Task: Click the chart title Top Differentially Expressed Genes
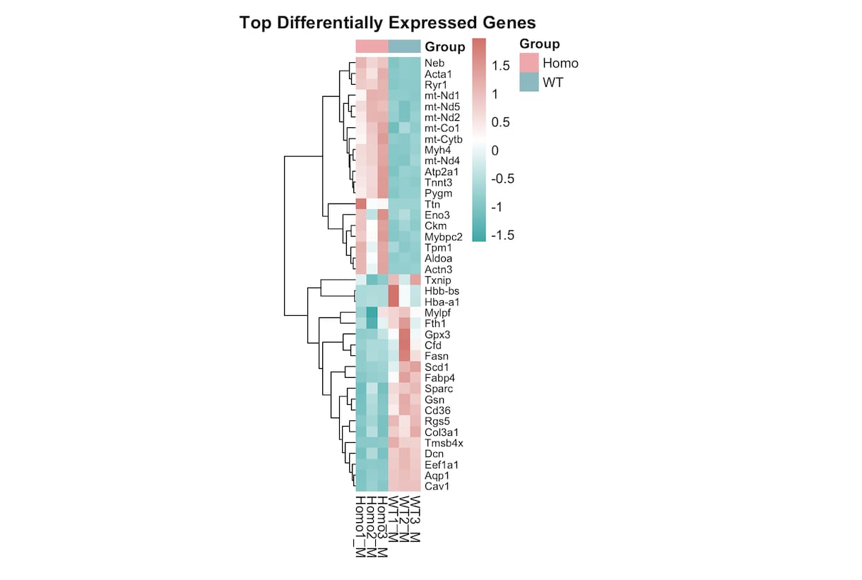pos(387,23)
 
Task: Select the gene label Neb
pos(435,63)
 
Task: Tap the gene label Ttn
pos(432,204)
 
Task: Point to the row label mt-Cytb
pos(443,139)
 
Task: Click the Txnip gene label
pos(437,280)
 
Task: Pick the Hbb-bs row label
pos(442,291)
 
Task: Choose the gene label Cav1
pos(437,486)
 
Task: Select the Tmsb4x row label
pos(444,443)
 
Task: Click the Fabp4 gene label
pos(439,378)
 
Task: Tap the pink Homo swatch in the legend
pos(529,63)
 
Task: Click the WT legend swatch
pos(529,82)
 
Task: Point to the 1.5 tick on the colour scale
pos(501,66)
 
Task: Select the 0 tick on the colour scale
pos(495,150)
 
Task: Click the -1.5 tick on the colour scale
pos(502,235)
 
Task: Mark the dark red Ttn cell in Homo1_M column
pos(361,204)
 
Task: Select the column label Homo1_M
pos(360,527)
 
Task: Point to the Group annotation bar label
pos(445,47)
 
